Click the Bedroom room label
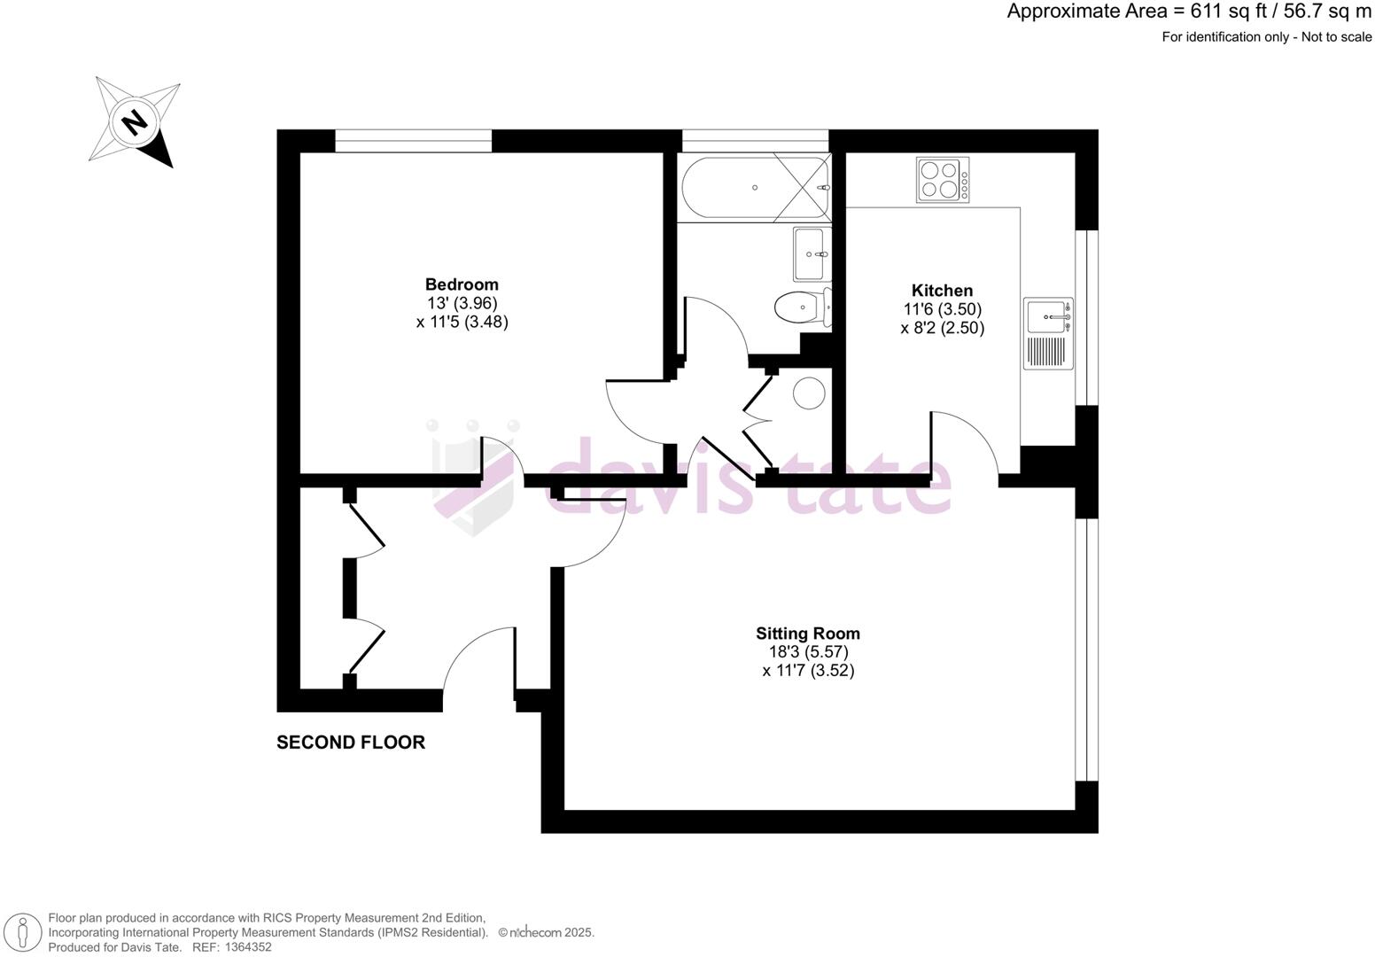(462, 284)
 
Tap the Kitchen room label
(942, 291)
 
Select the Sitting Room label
(807, 634)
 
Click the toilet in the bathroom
(796, 308)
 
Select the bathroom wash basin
(810, 254)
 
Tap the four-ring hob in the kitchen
(943, 180)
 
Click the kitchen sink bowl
(1046, 315)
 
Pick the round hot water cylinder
(809, 393)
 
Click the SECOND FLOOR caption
(351, 743)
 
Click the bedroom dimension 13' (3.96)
(462, 303)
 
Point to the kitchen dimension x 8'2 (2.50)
(942, 328)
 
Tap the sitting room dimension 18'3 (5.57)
(807, 652)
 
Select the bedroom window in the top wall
(413, 141)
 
